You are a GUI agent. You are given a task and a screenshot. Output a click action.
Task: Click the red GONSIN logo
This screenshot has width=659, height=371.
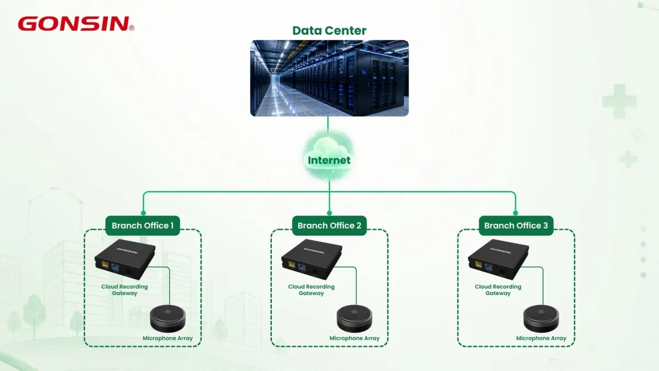(x=76, y=24)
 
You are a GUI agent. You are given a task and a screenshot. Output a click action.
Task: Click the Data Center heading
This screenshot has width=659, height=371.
(x=329, y=31)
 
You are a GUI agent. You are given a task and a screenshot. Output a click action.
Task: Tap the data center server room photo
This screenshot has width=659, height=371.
(x=329, y=78)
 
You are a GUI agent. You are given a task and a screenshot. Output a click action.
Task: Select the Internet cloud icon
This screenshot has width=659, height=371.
(x=329, y=156)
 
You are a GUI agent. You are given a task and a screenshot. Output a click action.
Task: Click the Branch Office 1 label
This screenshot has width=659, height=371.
(x=143, y=225)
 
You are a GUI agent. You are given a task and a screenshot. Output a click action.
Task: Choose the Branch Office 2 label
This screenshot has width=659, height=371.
(x=329, y=225)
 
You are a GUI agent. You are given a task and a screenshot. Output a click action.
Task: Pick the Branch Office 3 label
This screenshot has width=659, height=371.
(x=516, y=225)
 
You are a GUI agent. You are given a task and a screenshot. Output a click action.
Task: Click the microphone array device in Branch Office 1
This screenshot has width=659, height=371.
(x=167, y=319)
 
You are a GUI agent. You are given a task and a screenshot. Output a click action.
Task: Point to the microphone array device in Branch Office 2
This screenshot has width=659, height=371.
(x=355, y=319)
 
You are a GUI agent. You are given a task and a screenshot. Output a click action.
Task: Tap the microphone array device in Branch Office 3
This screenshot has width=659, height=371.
(x=541, y=319)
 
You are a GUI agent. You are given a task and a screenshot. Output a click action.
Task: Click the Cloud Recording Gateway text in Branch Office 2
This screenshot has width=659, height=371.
(x=311, y=290)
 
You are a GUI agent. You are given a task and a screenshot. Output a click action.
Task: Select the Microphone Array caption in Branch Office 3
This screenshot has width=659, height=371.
(x=541, y=339)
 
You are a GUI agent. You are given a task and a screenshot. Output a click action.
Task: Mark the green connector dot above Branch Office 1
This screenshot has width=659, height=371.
(x=143, y=213)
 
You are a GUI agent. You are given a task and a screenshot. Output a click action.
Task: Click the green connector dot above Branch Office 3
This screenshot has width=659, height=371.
(x=516, y=213)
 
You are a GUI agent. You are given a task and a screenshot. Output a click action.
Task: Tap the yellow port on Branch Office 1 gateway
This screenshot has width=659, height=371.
(x=105, y=265)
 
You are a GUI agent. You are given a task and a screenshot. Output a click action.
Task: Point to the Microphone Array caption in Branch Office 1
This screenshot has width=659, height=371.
(x=167, y=339)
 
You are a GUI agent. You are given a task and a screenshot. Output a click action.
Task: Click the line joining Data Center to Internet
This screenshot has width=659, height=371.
(x=328, y=125)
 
